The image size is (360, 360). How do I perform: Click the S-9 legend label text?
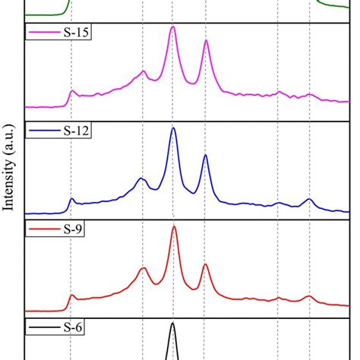tap(71, 229)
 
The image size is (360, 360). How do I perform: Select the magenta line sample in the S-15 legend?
tap(41, 33)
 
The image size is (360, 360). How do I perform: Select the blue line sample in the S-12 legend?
tap(41, 131)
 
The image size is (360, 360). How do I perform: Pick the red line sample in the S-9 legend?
tap(41, 229)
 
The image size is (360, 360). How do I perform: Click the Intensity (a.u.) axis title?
tap(10, 179)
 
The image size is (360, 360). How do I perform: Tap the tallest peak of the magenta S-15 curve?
tap(173, 28)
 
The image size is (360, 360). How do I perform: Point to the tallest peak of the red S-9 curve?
tap(174, 226)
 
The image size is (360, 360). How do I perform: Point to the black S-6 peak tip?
tap(173, 324)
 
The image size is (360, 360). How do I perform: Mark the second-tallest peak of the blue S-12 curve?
tap(205, 156)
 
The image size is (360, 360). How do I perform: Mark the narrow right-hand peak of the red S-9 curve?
tap(205, 265)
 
